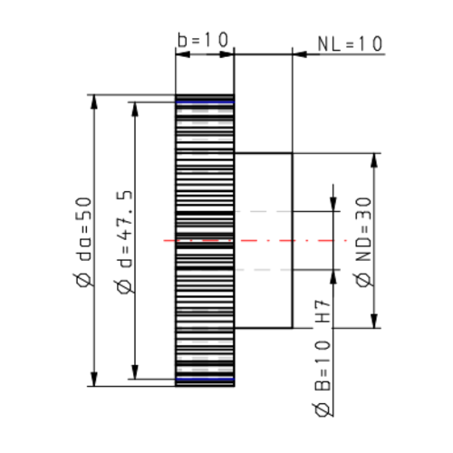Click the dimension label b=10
(204, 41)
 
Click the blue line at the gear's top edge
(205, 103)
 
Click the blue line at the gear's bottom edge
(205, 378)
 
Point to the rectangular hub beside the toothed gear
(264, 240)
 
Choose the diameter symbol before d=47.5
(124, 288)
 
